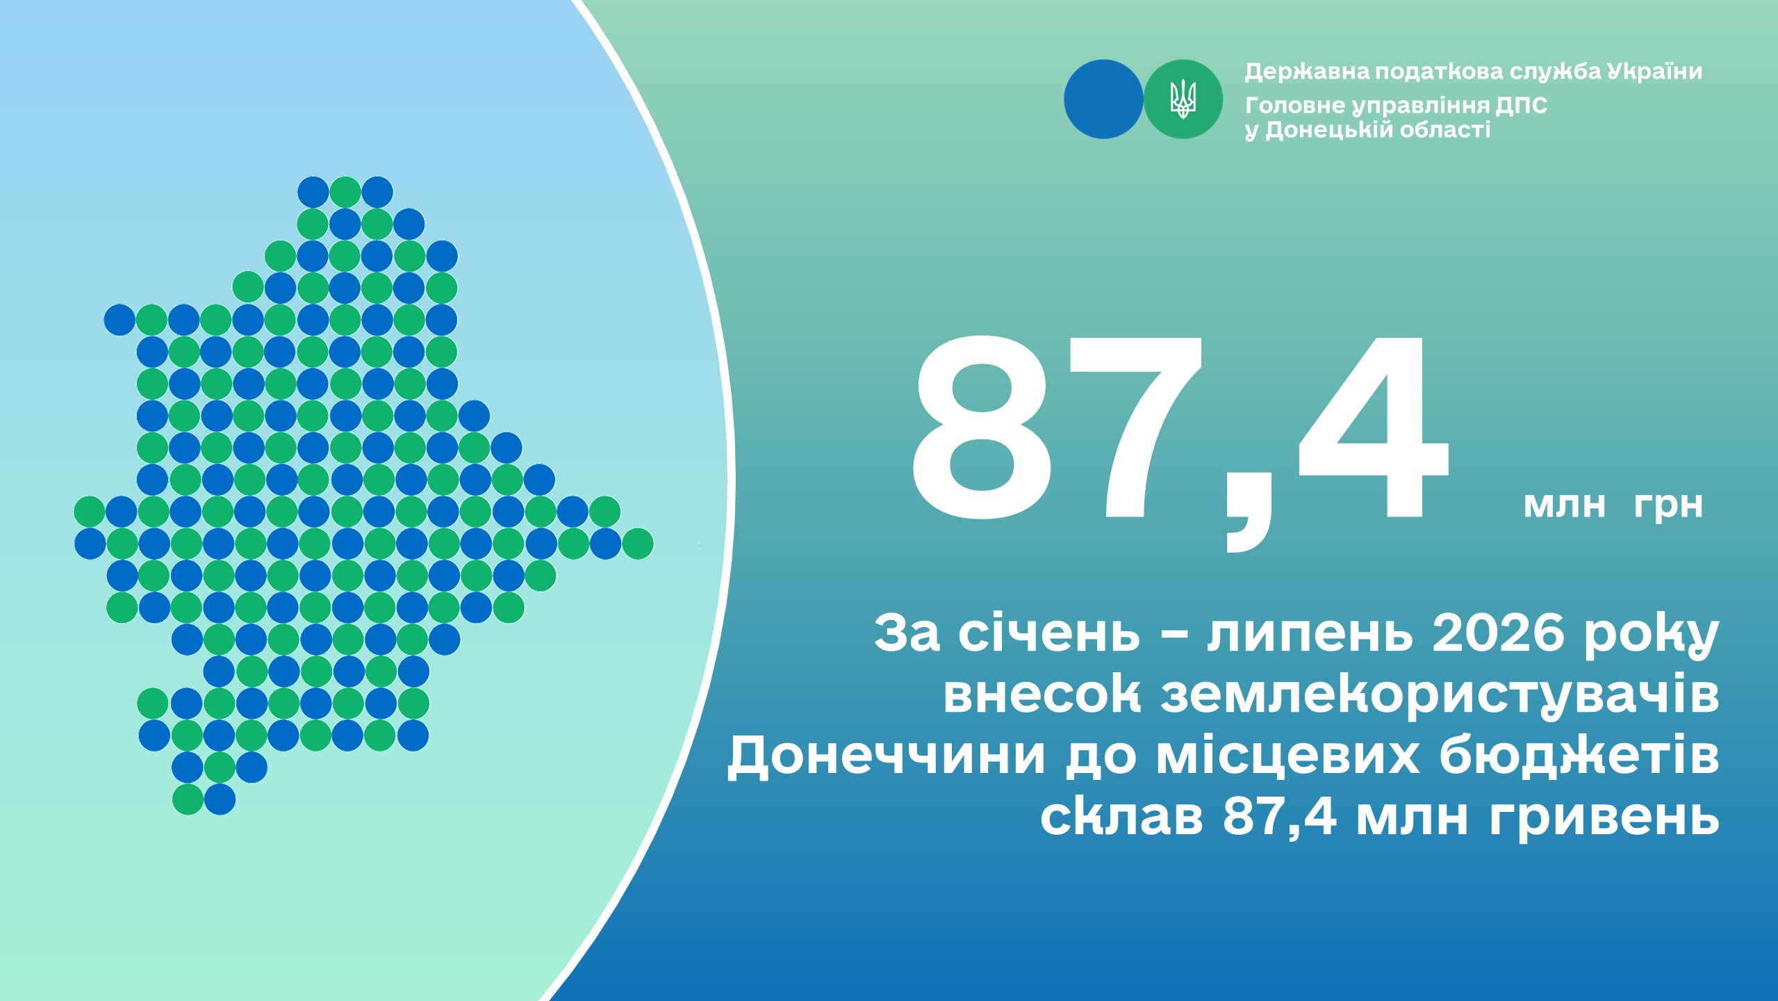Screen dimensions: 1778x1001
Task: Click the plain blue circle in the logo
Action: point(1103,99)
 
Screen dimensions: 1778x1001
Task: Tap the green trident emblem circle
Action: point(1183,99)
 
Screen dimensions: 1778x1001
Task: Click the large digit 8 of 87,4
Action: point(982,428)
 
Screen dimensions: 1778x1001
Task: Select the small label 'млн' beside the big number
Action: point(1565,505)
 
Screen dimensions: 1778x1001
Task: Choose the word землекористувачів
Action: point(1440,697)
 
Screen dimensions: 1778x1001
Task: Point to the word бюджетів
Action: point(1579,756)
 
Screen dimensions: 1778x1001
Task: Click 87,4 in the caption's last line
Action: point(1280,817)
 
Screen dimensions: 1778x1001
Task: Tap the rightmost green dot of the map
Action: point(637,544)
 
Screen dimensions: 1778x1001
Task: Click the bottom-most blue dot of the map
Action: point(220,799)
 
